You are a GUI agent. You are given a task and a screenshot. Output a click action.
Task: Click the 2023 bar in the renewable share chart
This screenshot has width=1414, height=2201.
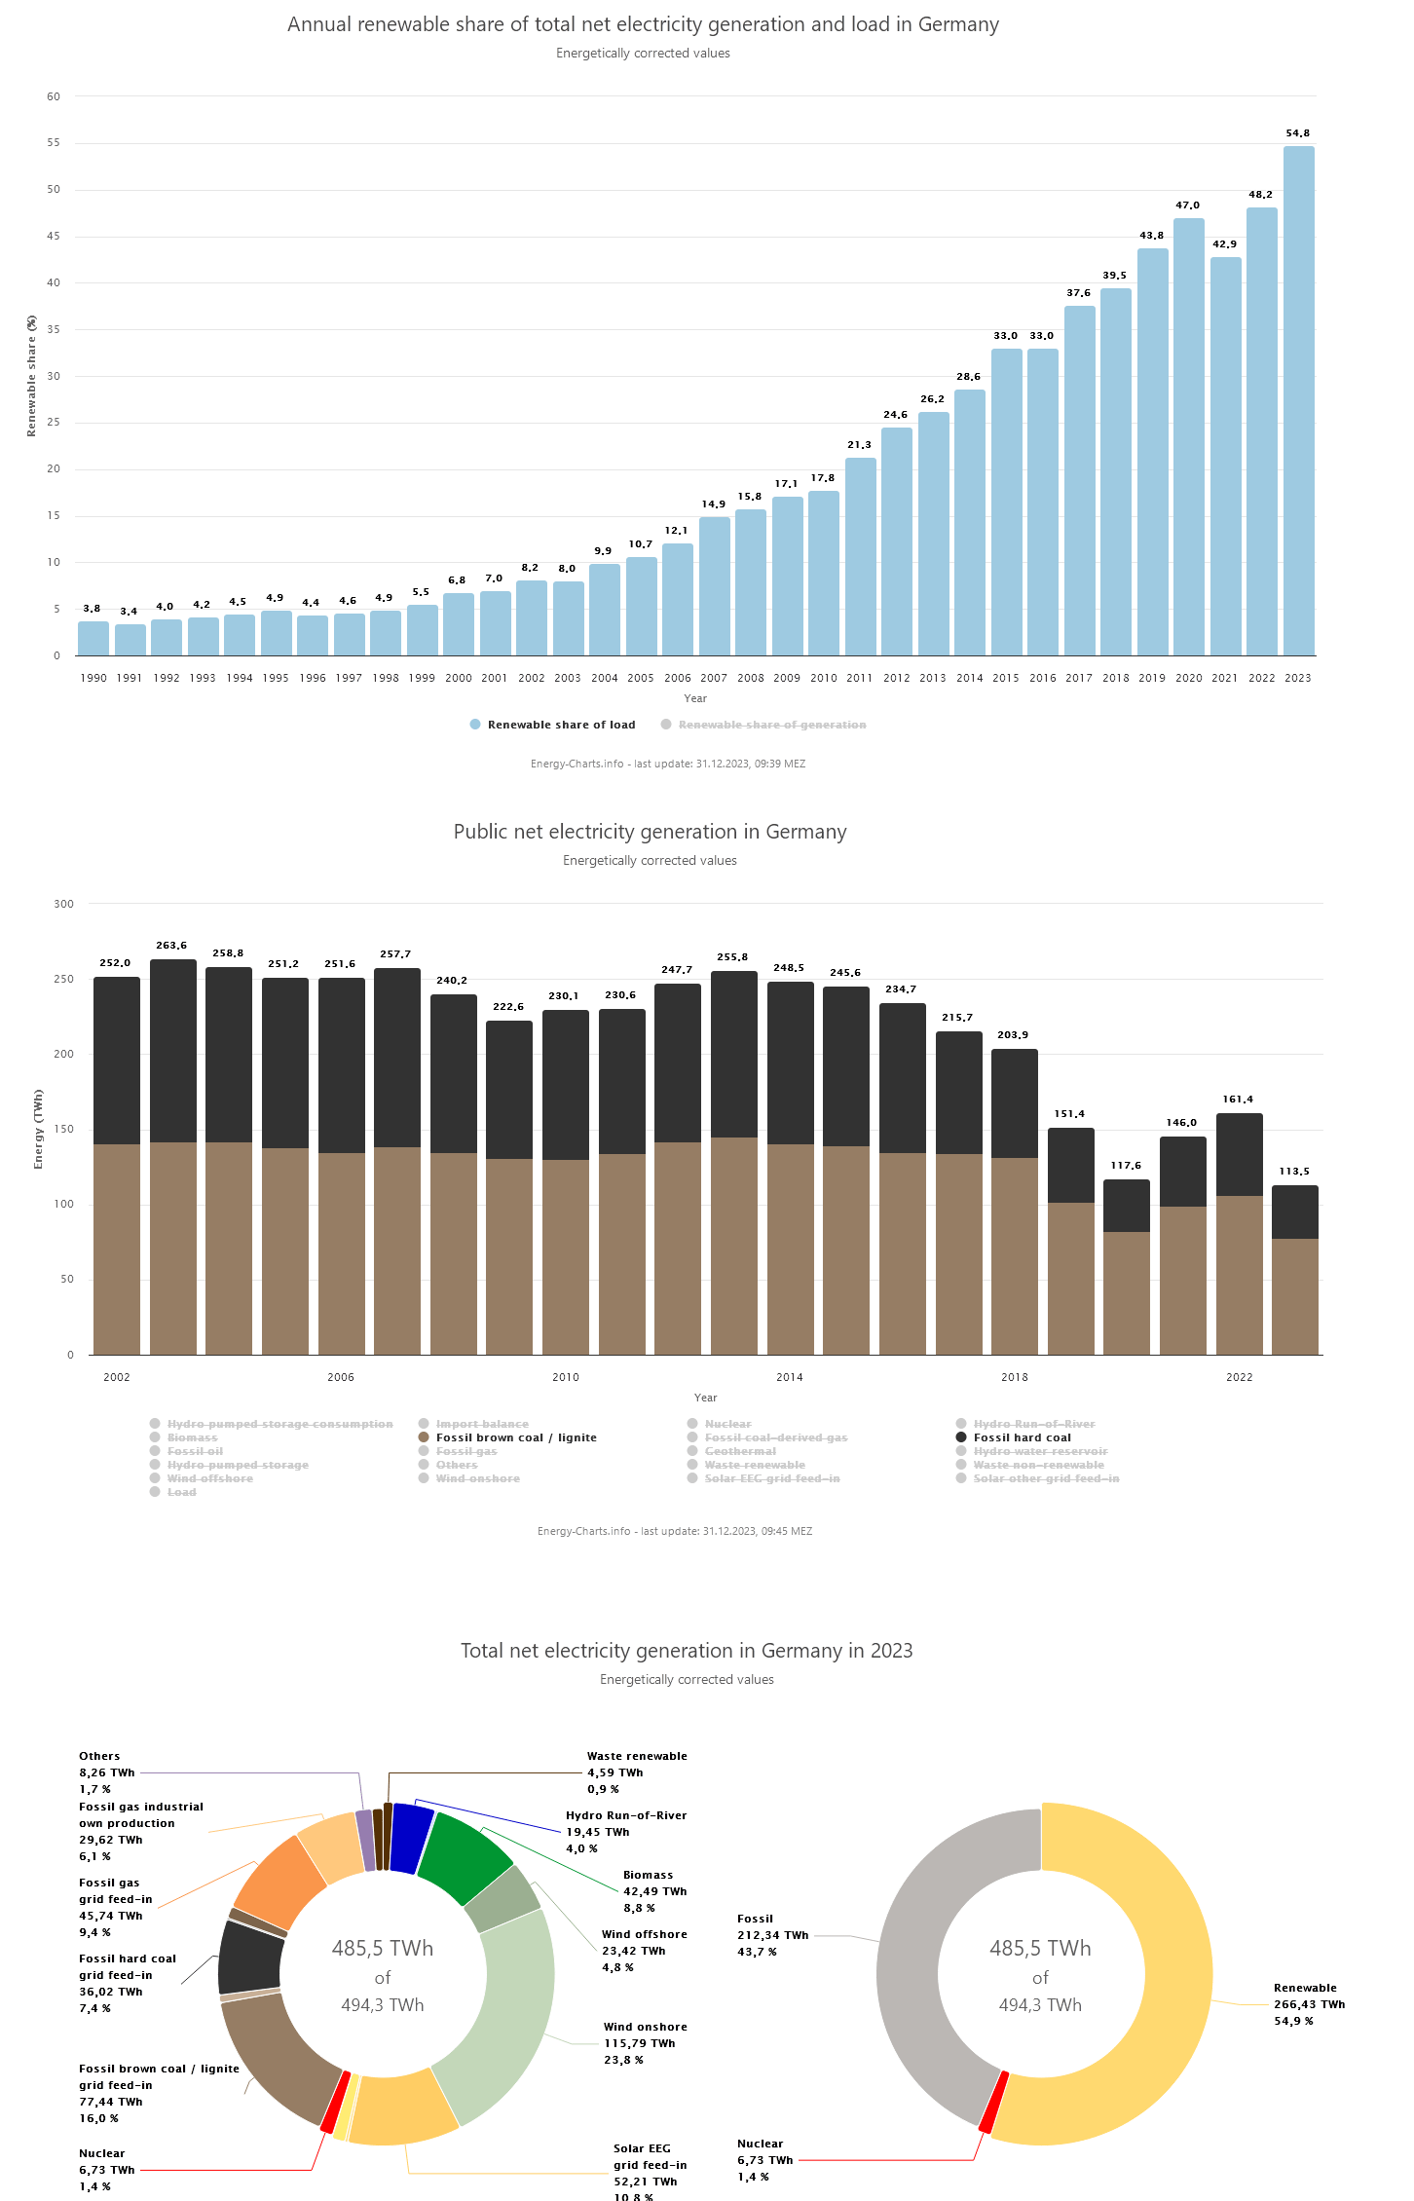[1298, 400]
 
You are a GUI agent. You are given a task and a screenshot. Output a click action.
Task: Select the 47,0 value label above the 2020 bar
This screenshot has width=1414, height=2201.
[1188, 205]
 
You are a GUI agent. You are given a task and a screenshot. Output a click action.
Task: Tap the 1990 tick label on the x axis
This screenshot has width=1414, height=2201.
[93, 678]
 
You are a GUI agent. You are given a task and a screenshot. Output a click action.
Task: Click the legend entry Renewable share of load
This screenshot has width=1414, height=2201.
[561, 725]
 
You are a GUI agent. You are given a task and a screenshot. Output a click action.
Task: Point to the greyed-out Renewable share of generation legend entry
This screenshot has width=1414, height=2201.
[772, 725]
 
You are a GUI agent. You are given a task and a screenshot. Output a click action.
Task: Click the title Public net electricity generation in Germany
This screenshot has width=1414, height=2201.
[650, 832]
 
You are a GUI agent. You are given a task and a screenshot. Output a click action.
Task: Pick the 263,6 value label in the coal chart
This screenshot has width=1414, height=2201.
[171, 946]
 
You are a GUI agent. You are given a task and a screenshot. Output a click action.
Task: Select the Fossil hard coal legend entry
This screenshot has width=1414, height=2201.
[1022, 1437]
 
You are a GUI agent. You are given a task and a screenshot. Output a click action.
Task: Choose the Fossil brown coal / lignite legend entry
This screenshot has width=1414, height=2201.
[516, 1437]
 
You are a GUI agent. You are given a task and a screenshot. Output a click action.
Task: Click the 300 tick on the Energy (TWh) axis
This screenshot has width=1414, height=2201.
[64, 904]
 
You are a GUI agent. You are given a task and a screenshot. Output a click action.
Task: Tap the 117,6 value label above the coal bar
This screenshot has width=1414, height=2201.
[1126, 1166]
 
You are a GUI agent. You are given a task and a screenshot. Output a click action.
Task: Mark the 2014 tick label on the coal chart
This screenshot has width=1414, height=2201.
[790, 1377]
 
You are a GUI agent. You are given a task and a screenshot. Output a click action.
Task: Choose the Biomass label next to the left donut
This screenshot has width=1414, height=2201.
[649, 1875]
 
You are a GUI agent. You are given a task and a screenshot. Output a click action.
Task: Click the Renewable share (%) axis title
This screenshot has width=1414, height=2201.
[31, 376]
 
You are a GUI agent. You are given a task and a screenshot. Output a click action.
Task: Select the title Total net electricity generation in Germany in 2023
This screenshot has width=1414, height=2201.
[687, 1651]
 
